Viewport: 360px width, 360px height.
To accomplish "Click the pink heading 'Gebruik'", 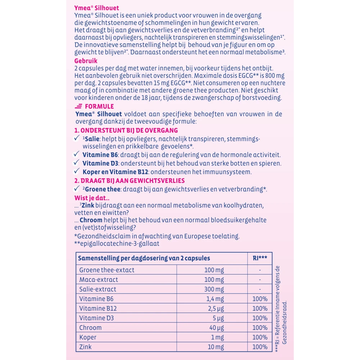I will point(86,61).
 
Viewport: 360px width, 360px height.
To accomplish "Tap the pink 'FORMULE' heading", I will point(99,107).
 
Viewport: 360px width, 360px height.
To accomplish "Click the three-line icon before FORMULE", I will point(78,107).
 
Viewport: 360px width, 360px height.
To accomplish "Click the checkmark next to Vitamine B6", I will point(76,154).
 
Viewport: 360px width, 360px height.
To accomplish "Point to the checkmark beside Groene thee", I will point(76,189).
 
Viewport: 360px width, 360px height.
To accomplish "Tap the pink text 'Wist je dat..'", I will point(92,198).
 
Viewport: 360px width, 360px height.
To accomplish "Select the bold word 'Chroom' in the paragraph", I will point(91,220).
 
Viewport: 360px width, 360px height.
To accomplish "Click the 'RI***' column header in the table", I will point(260,258).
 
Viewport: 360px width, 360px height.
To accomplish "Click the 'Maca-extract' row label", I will point(98,279).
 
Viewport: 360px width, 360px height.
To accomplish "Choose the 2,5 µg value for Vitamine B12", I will point(216,309).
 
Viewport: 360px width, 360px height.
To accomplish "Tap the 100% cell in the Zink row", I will point(260,347).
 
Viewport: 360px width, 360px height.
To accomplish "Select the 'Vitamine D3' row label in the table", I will point(96,318).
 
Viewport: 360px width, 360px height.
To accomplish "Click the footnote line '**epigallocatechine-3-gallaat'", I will point(117,244).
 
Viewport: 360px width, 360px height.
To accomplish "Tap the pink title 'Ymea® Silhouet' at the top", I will point(96,8).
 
